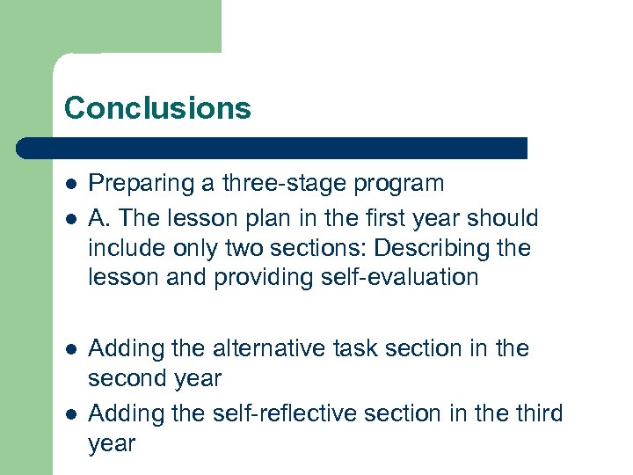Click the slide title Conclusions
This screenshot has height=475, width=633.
pyautogui.click(x=157, y=108)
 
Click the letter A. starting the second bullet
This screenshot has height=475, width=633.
pyautogui.click(x=100, y=216)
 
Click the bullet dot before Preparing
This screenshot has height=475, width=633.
pyautogui.click(x=69, y=185)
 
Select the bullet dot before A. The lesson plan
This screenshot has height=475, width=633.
pyautogui.click(x=69, y=216)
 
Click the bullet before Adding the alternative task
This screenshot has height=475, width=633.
pyautogui.click(x=69, y=349)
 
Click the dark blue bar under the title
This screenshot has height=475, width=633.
pyautogui.click(x=273, y=148)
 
